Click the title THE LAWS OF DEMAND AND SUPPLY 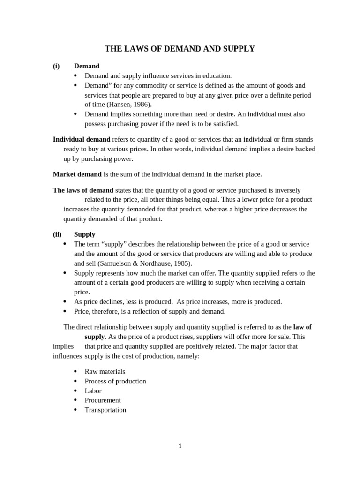[180, 49]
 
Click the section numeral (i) [56, 66]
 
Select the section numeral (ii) [57, 234]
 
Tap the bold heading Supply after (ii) [84, 234]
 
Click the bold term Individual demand [82, 139]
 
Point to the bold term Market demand [77, 174]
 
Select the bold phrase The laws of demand [83, 190]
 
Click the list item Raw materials [105, 371]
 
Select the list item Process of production [115, 381]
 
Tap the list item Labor [93, 390]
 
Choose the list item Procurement [103, 400]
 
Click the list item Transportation [105, 410]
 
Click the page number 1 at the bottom [180, 446]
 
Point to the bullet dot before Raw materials [75, 371]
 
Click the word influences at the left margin [67, 356]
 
